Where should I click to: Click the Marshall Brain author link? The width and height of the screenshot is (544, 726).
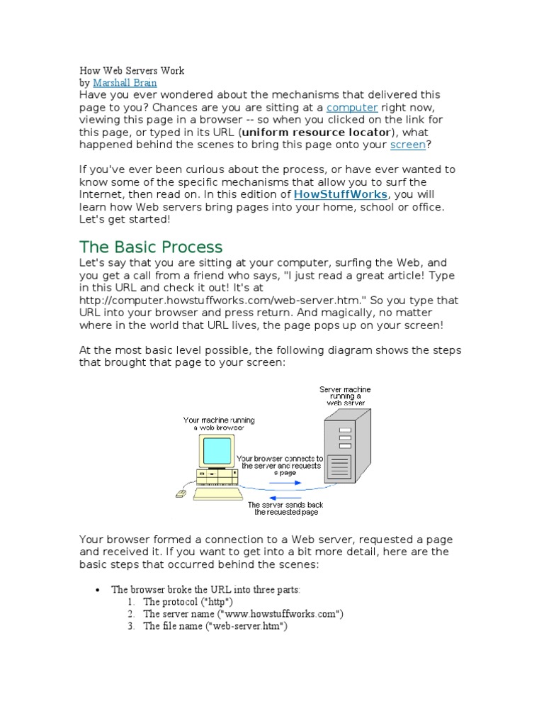(125, 83)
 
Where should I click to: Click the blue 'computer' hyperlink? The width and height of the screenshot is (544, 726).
(351, 107)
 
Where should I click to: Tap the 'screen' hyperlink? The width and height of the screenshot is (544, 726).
(408, 145)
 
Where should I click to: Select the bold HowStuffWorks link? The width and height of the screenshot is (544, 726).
(340, 194)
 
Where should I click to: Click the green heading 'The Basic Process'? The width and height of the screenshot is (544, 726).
(151, 247)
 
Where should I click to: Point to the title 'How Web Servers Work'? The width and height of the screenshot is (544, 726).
(132, 71)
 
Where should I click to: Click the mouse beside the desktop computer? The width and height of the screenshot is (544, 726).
(181, 492)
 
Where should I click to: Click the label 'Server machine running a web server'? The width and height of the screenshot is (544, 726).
(345, 396)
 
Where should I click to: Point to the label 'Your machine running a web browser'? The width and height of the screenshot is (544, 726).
(219, 424)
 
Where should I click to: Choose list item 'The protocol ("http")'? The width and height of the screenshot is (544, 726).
(188, 602)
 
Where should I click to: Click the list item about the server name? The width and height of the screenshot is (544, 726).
(243, 614)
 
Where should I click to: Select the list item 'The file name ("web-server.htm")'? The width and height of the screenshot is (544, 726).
(215, 627)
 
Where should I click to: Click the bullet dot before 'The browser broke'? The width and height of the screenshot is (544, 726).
(98, 590)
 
